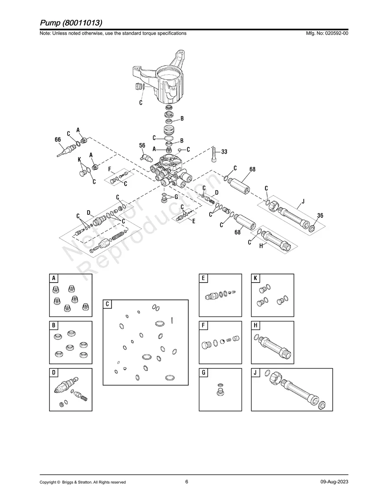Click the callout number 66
58,139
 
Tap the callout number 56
142,145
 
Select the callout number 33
224,152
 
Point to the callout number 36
320,215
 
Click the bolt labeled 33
214,154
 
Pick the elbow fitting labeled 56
146,157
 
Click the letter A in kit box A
54,278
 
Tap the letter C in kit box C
107,304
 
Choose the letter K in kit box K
255,278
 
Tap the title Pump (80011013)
71,23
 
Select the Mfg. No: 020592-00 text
327,33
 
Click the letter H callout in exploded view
261,246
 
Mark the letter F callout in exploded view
110,169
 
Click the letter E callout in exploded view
194,221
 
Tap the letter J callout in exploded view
303,201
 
